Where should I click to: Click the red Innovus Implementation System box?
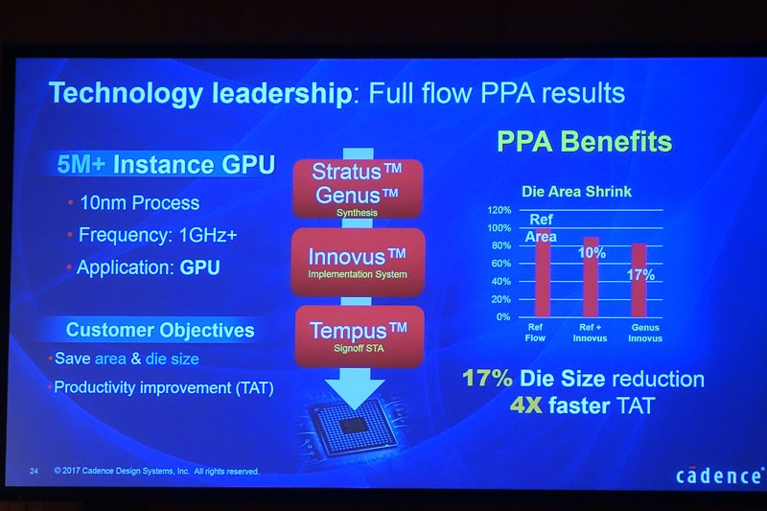click(358, 263)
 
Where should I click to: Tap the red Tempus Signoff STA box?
click(360, 337)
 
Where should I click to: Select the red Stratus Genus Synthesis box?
click(358, 189)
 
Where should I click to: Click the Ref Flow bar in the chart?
click(543, 273)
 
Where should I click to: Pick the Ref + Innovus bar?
click(591, 277)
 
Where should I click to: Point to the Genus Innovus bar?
click(639, 280)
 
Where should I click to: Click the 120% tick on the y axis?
click(499, 210)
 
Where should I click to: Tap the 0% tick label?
click(503, 317)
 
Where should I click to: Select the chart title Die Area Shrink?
click(577, 191)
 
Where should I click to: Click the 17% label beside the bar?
click(640, 275)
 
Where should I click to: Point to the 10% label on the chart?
click(592, 253)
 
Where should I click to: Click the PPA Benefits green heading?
click(585, 141)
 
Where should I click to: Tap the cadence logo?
click(719, 476)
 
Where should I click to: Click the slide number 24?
click(34, 471)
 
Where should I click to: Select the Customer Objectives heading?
click(160, 330)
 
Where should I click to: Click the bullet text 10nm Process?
click(139, 203)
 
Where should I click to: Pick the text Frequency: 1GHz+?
click(158, 235)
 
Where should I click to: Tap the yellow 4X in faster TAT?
click(525, 406)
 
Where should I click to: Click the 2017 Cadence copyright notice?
click(156, 471)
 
